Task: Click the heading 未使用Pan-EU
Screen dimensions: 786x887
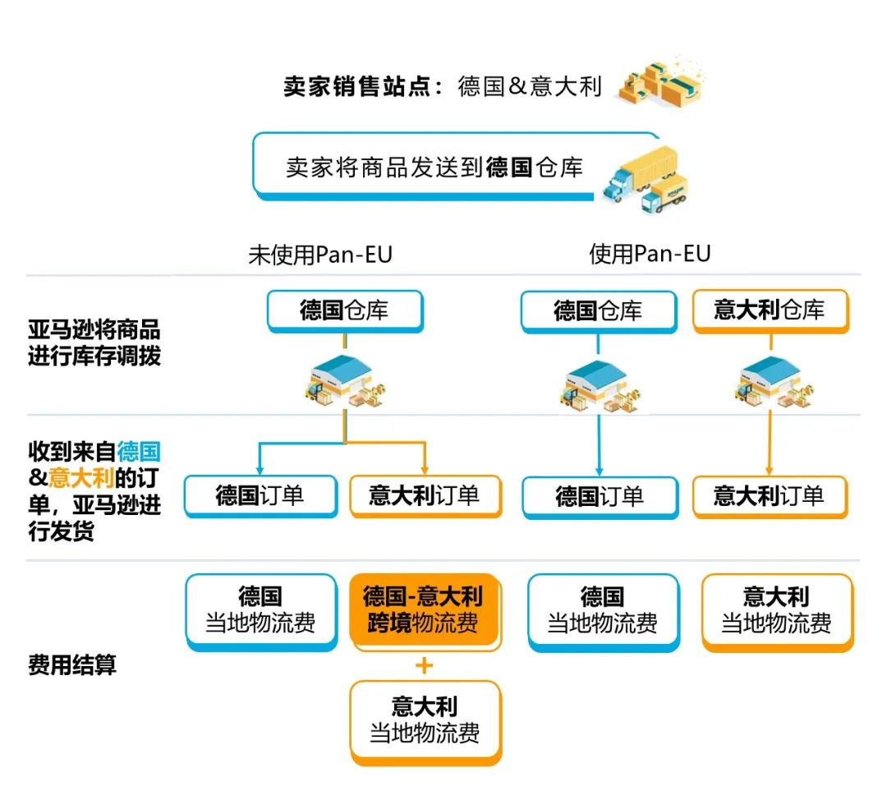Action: coord(320,255)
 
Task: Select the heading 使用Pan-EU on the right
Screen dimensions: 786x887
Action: coord(650,254)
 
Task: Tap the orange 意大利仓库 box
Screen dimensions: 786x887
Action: coord(770,310)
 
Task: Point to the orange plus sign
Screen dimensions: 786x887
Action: coord(424,665)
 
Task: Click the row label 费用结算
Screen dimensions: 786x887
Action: coord(72,664)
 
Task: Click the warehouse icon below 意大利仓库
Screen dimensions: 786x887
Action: coord(769,380)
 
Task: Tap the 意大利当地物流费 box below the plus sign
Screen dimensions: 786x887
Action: coord(425,720)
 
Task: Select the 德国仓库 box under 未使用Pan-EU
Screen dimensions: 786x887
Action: coord(345,310)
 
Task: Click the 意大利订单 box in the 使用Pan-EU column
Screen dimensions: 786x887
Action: coord(770,496)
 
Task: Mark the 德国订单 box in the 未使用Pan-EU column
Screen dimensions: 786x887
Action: coord(260,496)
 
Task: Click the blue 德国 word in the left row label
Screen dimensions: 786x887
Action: coord(139,452)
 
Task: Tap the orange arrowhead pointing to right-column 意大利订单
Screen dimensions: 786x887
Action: coord(770,471)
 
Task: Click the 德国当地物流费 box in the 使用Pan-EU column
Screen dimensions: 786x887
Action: coord(603,610)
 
